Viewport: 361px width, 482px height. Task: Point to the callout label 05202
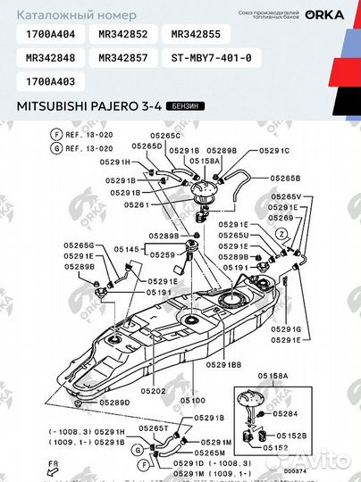pyautogui.click(x=155, y=391)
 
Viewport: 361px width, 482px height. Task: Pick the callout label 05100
pyautogui.click(x=193, y=401)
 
